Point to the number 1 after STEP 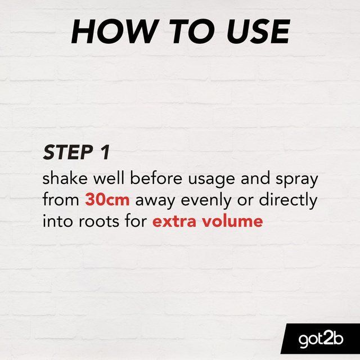coord(104,152)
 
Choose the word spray coord(297,180)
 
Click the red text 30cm coord(107,200)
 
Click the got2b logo coord(319,339)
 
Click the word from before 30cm coord(61,200)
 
